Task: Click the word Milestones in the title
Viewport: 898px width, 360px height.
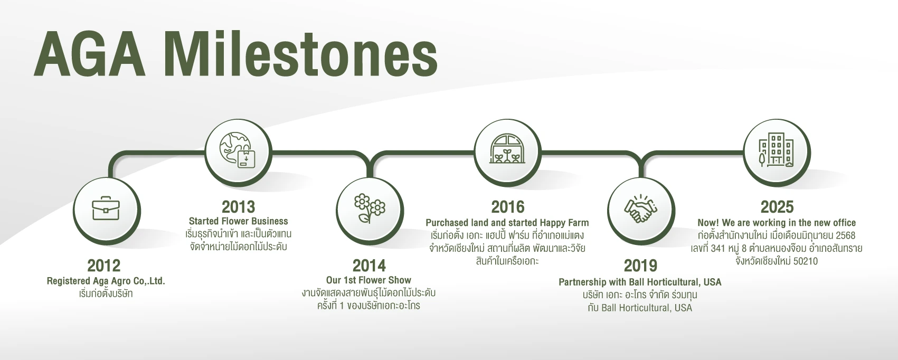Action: (301, 53)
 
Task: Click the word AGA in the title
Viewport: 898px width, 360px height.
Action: (89, 53)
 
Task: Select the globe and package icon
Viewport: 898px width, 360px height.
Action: (238, 150)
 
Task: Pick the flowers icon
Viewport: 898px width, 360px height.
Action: (369, 209)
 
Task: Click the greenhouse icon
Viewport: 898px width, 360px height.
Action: (507, 149)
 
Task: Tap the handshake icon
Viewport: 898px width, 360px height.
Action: (640, 209)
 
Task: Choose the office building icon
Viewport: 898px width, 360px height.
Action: (776, 150)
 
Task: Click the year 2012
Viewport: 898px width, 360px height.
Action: (104, 266)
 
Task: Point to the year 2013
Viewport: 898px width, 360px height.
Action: (238, 207)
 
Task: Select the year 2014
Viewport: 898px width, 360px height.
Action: (369, 266)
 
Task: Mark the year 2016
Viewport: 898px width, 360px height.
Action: (507, 207)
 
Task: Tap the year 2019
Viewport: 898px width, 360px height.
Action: (640, 266)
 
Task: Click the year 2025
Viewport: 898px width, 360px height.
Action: (777, 207)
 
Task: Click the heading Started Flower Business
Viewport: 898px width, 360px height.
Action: (238, 221)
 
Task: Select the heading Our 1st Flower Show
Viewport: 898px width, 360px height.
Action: (368, 280)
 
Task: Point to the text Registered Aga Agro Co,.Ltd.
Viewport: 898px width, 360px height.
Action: (106, 281)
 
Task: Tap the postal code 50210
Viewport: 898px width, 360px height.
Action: (806, 261)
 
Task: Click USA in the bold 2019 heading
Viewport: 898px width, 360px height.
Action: (712, 282)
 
